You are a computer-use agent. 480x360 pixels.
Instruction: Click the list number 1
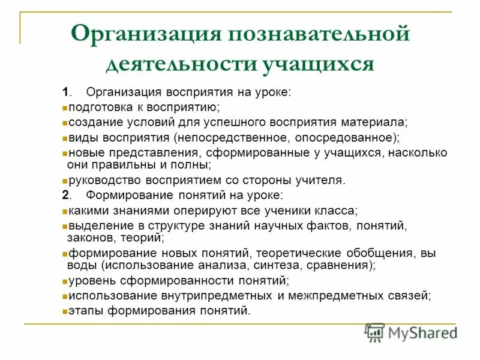coord(65,92)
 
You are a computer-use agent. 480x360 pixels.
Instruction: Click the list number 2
coord(65,196)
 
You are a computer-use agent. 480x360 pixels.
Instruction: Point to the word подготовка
coord(98,107)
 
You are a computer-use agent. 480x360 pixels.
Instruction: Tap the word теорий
coord(145,238)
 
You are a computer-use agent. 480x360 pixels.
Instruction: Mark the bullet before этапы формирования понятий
coord(64,311)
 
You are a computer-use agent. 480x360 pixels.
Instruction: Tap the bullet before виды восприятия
coord(64,138)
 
